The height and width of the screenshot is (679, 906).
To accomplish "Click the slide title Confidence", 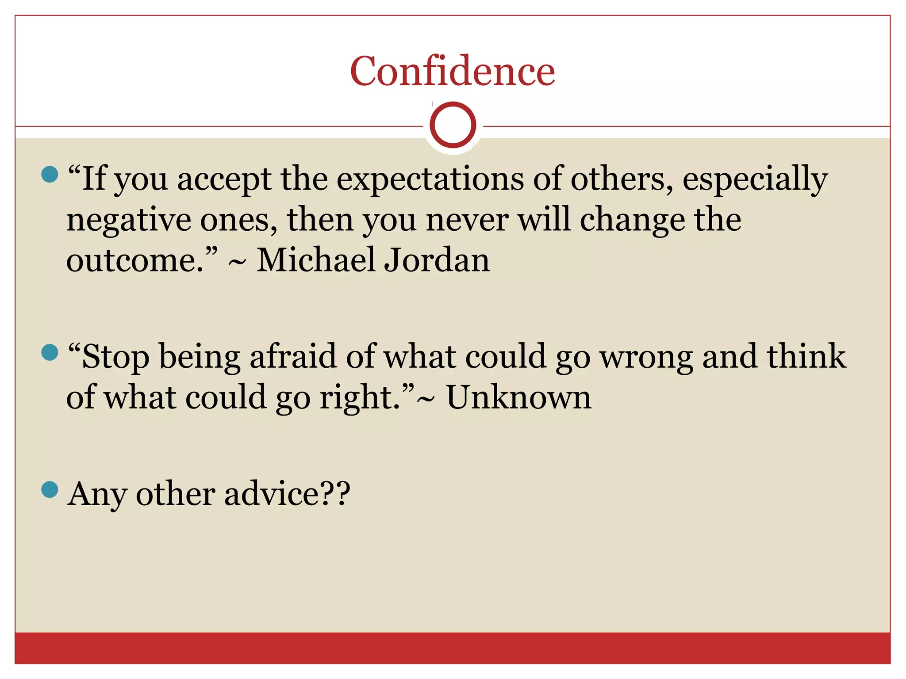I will [452, 71].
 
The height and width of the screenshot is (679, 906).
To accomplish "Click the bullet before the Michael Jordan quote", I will [50, 174].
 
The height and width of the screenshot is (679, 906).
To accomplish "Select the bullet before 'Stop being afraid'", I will [50, 352].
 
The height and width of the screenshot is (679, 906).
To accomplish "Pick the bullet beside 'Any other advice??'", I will [50, 489].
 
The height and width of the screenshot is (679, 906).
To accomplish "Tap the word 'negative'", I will [128, 220].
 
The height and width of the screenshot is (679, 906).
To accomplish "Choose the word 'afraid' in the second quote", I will [293, 356].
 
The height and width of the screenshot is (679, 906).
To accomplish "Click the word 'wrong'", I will [646, 357].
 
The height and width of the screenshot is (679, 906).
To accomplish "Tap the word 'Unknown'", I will [518, 397].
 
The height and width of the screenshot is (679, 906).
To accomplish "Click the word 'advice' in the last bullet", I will [271, 494].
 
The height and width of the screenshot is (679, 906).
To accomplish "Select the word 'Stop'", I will [116, 357].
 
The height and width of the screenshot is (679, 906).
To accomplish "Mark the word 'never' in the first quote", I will [467, 220].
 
